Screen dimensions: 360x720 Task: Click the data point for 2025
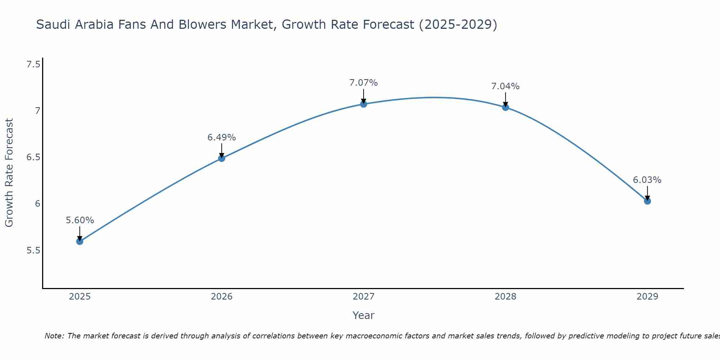coord(80,241)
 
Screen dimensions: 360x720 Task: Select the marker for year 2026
coord(222,158)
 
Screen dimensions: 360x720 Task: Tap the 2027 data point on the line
coord(364,104)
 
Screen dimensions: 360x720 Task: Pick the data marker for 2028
coord(505,107)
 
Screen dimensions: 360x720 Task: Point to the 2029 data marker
coord(647,201)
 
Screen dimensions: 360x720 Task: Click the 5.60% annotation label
coord(80,220)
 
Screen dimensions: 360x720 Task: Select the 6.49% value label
coord(222,138)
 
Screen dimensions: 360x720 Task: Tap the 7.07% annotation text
coord(364,83)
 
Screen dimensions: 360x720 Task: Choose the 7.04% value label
coord(505,86)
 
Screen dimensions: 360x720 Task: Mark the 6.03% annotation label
coord(647,180)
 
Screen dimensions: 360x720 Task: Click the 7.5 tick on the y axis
coord(33,64)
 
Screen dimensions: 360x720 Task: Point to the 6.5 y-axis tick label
coord(33,157)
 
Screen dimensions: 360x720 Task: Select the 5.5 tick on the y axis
coord(33,250)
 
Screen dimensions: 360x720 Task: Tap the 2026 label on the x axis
coord(222,297)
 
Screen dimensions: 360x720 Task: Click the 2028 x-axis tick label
coord(505,297)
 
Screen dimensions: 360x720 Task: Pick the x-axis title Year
coord(364,315)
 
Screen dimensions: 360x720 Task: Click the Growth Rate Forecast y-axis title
coord(9,172)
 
